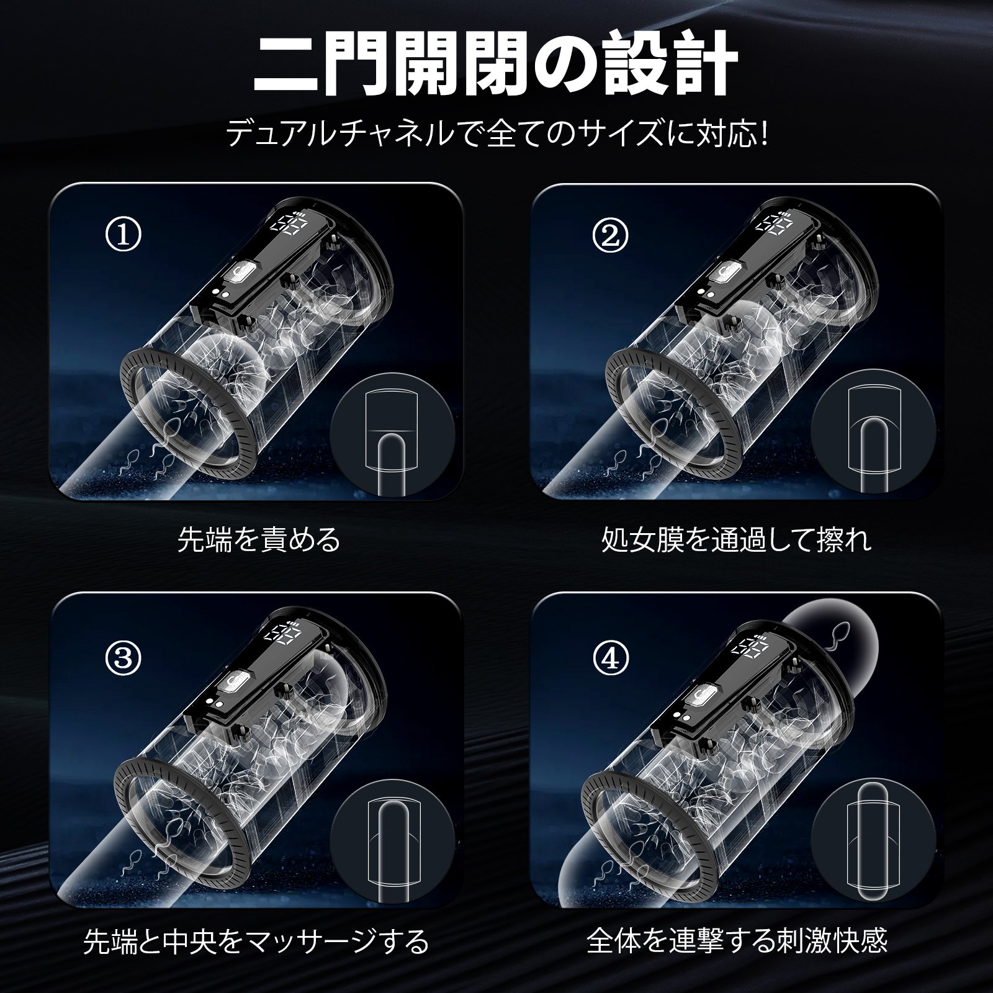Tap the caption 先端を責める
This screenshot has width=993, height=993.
pyautogui.click(x=259, y=539)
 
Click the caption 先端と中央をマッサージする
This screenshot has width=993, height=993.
pyautogui.click(x=256, y=941)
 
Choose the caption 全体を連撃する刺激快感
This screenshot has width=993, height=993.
pyautogui.click(x=737, y=941)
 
